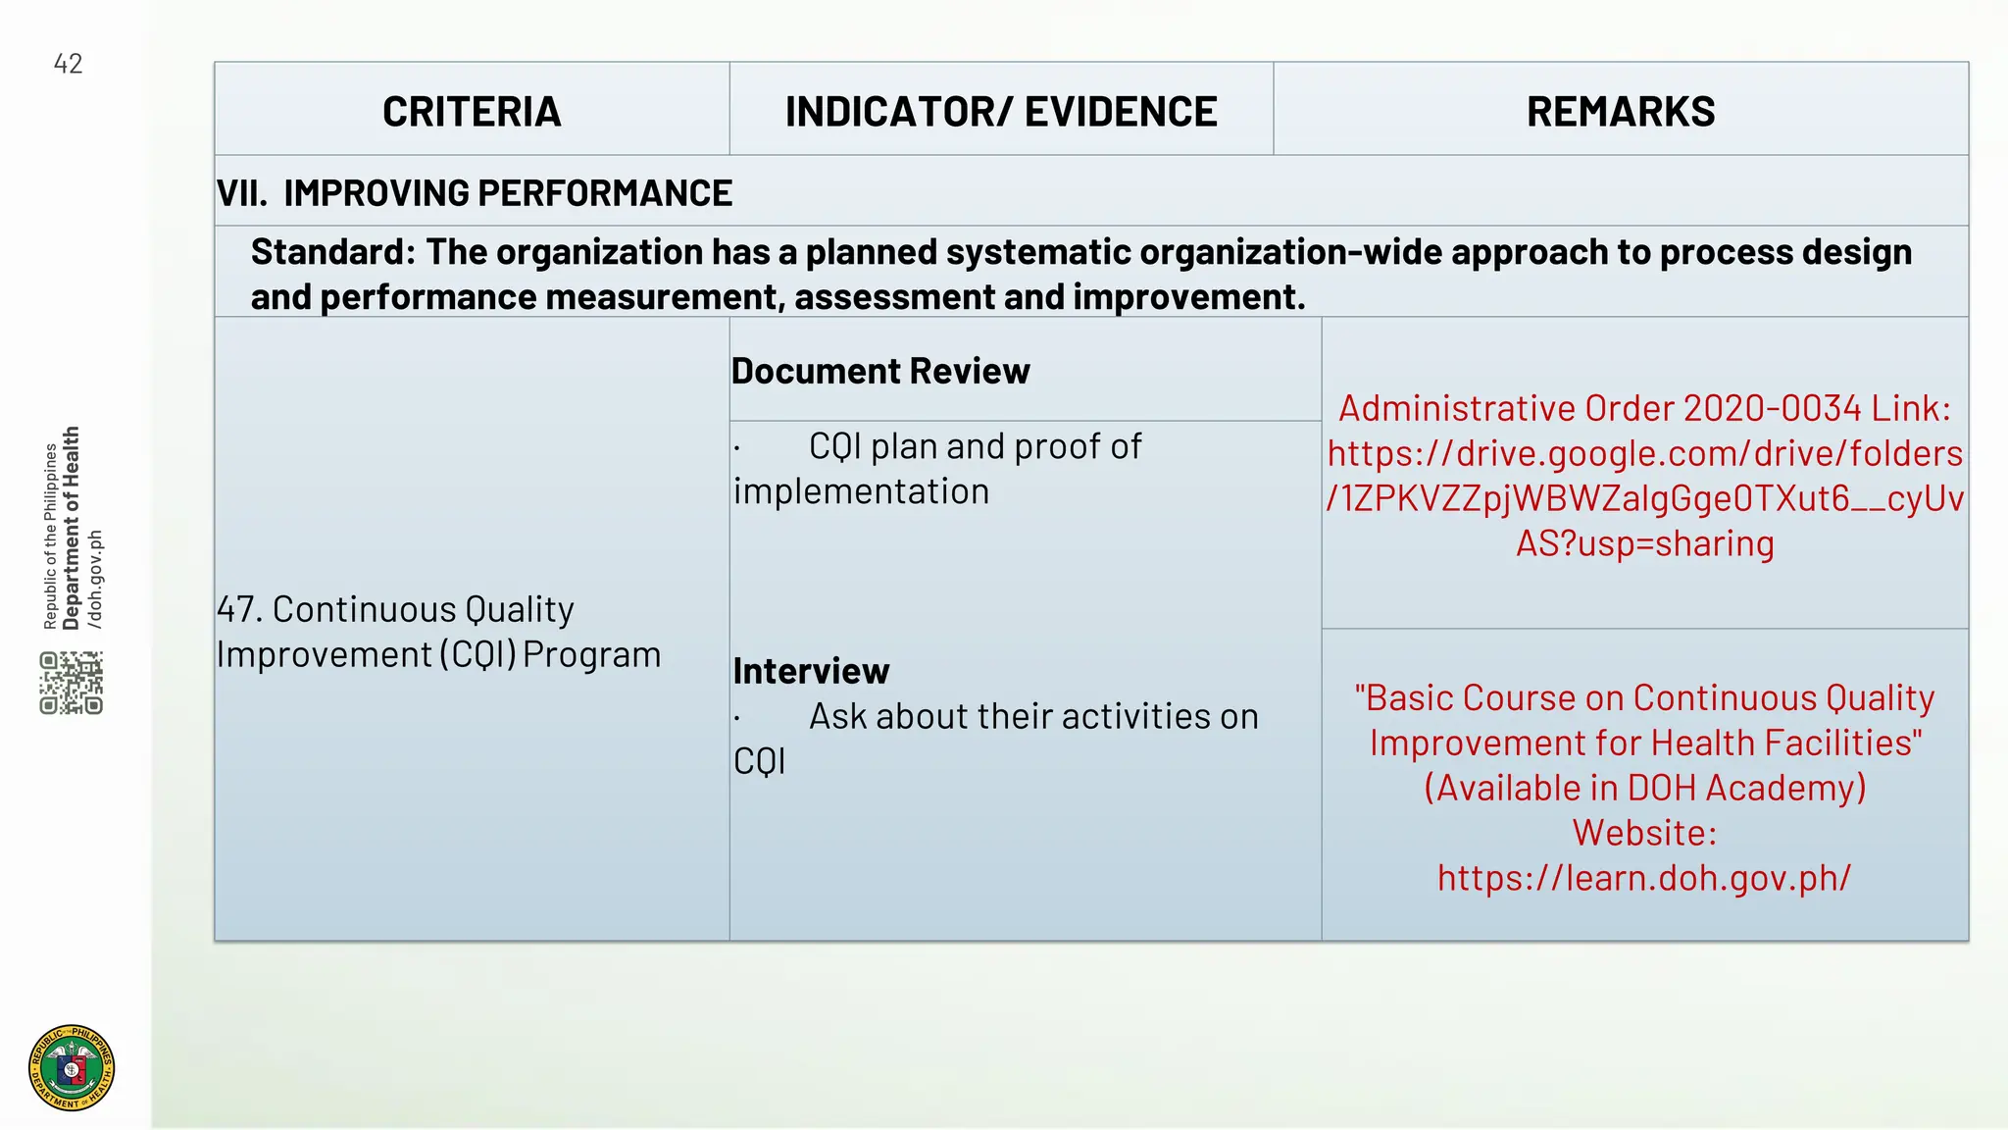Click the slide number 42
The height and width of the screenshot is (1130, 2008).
click(x=68, y=64)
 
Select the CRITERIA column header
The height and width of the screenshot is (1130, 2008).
click(x=472, y=112)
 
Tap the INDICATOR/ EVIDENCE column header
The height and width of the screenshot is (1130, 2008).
click(x=1001, y=112)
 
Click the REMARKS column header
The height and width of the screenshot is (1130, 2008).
click(x=1621, y=112)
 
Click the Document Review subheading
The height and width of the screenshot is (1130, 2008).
click(x=880, y=371)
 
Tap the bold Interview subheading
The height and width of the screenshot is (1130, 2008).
click(x=811, y=671)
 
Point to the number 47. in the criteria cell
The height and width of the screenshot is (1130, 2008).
click(x=239, y=609)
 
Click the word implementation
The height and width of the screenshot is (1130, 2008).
click(x=861, y=491)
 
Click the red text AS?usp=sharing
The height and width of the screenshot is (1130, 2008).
click(x=1644, y=543)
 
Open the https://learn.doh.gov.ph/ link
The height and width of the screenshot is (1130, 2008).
click(x=1644, y=877)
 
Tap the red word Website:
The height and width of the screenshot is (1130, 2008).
click(x=1644, y=833)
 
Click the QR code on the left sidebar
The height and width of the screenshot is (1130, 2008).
click(x=72, y=682)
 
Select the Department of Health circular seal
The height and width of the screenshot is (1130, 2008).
click(x=72, y=1068)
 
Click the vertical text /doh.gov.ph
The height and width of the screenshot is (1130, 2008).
click(x=95, y=579)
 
